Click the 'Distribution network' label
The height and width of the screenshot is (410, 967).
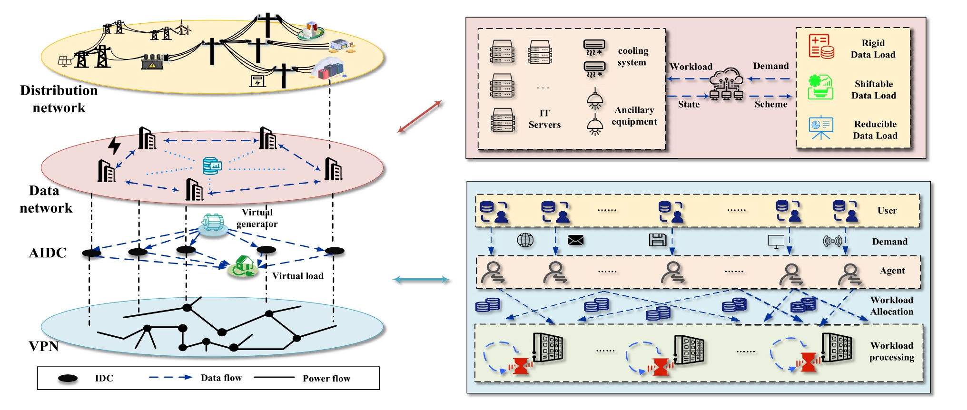(59, 99)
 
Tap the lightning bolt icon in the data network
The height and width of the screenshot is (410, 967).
(114, 145)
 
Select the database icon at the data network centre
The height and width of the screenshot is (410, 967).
(212, 166)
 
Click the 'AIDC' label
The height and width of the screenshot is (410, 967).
(48, 253)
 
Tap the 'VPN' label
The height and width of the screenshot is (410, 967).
(44, 346)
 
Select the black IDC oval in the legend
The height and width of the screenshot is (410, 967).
(68, 378)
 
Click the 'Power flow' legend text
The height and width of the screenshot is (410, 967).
(326, 379)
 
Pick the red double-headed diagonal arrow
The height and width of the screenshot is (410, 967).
(420, 117)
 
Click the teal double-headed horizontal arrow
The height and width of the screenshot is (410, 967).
(421, 280)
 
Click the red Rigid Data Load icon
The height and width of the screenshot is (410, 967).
(821, 47)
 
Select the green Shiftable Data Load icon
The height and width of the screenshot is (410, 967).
(820, 87)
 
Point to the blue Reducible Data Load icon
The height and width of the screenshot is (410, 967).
(821, 127)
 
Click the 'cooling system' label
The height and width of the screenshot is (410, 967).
(632, 57)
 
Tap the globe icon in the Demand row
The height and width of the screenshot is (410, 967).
(525, 240)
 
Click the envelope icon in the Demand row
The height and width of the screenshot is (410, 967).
(576, 240)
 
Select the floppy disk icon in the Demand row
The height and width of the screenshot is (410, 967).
(658, 240)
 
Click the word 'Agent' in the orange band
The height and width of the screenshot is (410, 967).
(892, 271)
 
